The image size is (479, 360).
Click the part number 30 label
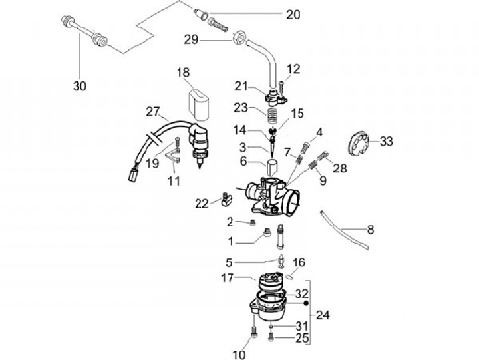(x=80, y=85)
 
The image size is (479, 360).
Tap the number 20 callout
(x=293, y=14)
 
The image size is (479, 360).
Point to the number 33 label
(x=387, y=141)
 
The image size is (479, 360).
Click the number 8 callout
(x=371, y=230)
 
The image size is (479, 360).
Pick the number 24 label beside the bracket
(x=323, y=314)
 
